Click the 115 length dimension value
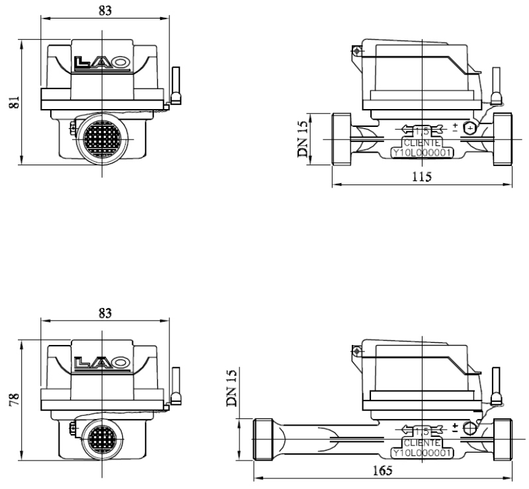422,176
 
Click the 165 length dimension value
383,470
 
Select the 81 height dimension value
14,102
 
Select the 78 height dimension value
14,399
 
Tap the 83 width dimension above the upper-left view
105,11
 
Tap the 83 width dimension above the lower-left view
105,313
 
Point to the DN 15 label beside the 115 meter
303,139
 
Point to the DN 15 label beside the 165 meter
231,388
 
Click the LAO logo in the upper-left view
102,63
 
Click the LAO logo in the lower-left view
102,363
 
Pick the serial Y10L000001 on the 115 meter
422,153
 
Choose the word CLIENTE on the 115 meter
422,143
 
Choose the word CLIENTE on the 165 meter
422,443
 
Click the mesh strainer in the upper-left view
102,139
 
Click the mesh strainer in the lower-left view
102,439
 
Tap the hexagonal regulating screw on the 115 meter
469,128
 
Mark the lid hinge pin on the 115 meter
356,52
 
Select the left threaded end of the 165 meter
263,439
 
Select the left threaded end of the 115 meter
341,139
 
